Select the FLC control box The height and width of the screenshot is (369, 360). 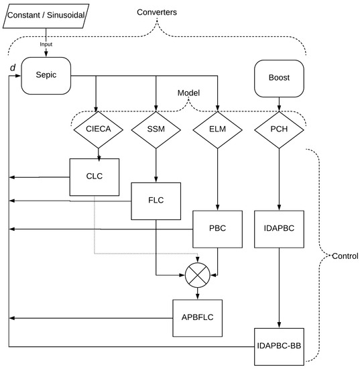coord(156,199)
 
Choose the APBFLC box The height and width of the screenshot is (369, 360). coord(197,317)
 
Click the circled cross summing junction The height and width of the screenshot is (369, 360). coord(197,274)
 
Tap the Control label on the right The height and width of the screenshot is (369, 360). coord(345,256)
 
